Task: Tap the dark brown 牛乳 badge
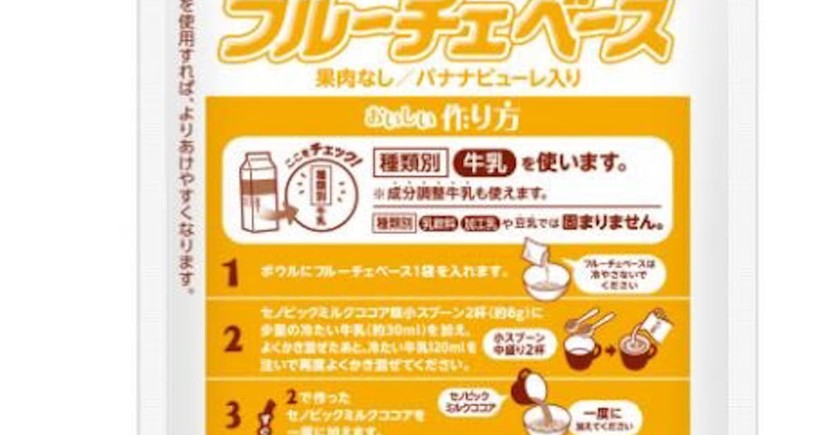(484, 164)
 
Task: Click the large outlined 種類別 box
(411, 164)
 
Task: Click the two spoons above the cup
(588, 325)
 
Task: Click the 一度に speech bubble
(612, 416)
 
